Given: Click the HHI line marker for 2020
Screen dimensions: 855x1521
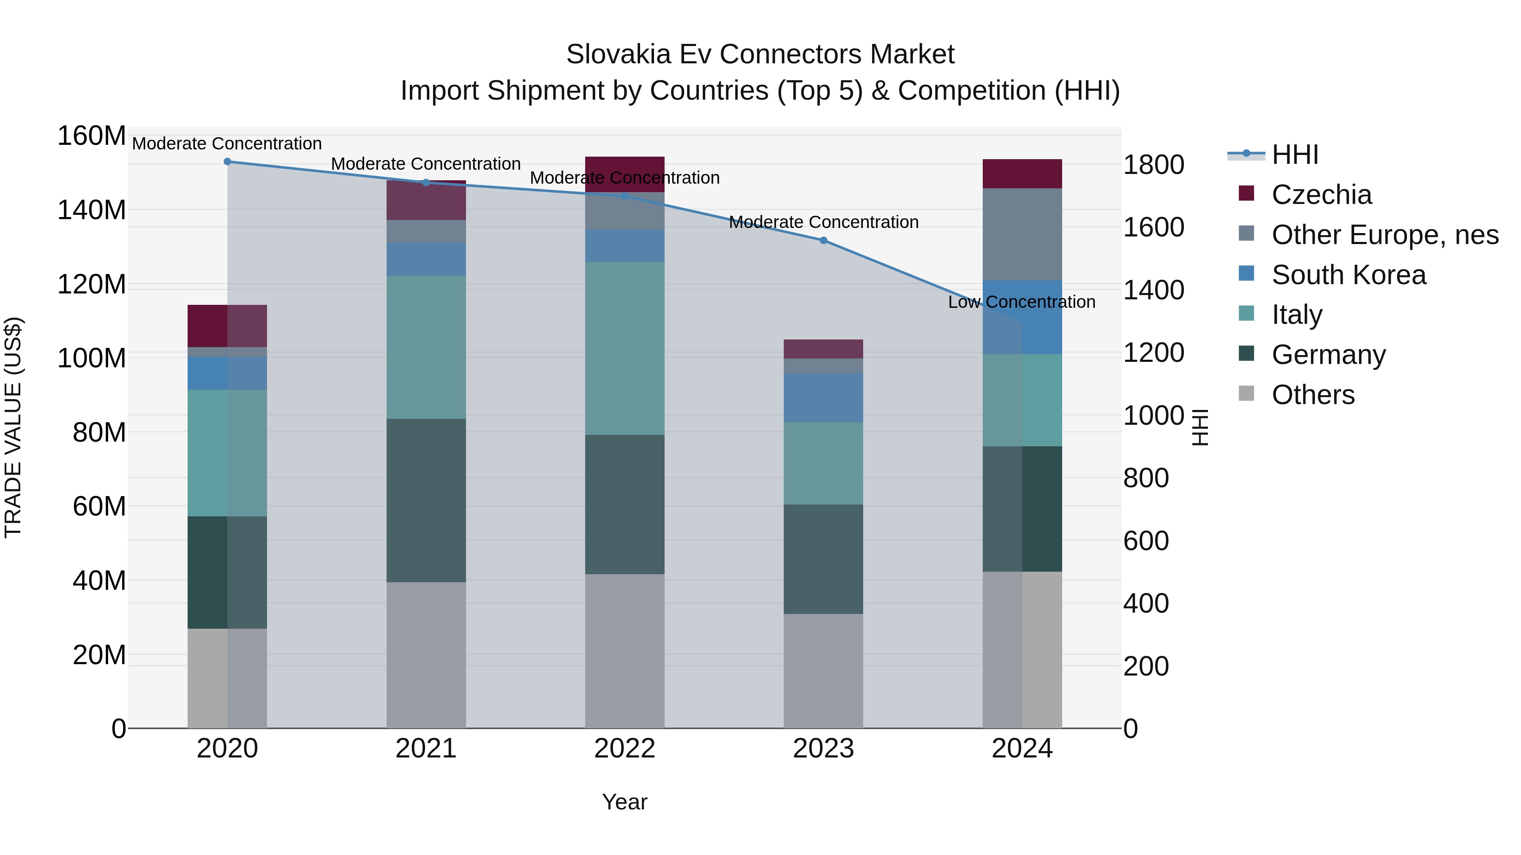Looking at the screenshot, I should coord(227,162).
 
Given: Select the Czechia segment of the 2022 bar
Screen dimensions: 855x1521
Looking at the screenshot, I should coord(625,174).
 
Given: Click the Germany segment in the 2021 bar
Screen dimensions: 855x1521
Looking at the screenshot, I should coord(426,500).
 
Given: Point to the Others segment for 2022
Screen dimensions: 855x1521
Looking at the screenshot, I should coord(625,651).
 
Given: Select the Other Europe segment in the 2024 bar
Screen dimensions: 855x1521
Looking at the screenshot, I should coord(1022,234).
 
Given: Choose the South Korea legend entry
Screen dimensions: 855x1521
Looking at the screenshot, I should coord(1348,275).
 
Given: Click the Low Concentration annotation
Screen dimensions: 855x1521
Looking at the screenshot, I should coord(1022,302).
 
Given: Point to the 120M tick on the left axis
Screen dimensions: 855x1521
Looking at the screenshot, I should coord(92,285).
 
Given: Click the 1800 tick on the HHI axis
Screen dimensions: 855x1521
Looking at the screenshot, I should coord(1153,165).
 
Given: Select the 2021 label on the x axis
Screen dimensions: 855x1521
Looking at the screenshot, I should coord(426,749).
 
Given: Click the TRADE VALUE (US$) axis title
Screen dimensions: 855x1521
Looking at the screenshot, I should coord(13,427).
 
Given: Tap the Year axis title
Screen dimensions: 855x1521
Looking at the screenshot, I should coord(625,802).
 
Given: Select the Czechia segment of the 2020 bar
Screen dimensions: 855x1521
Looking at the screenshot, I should coord(227,326).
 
